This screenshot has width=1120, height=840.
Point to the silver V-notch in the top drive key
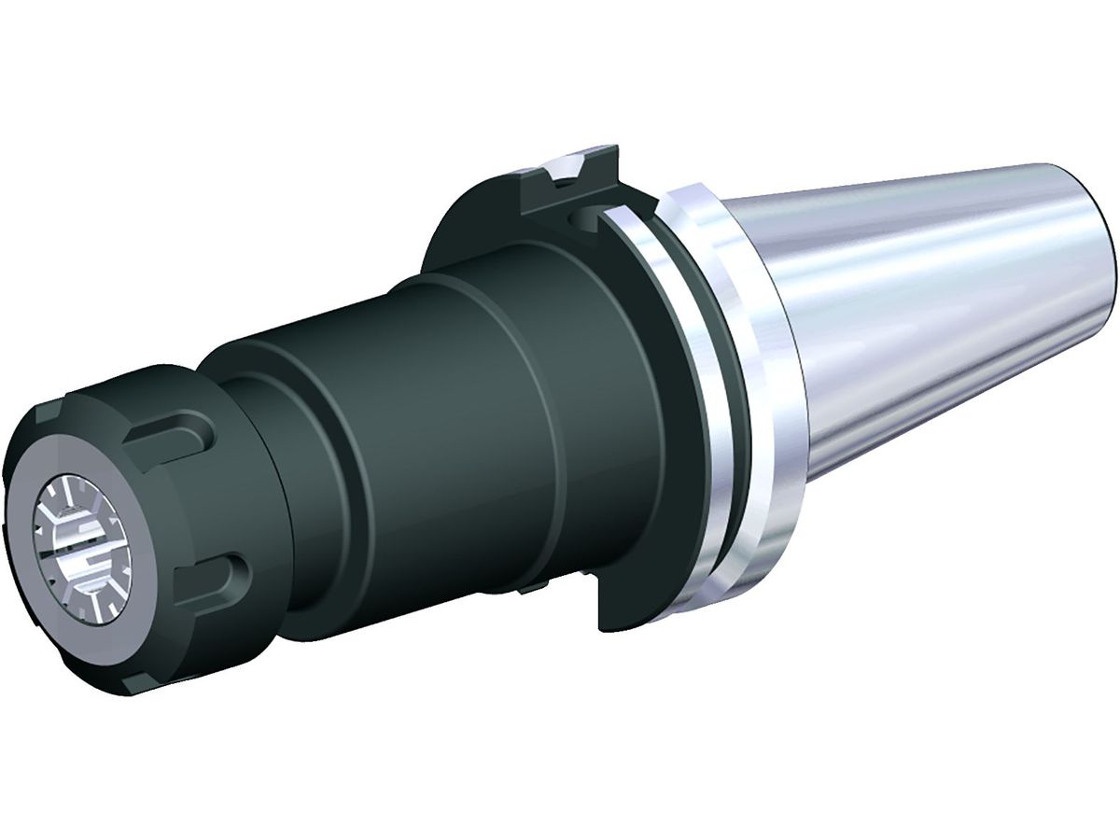click(569, 168)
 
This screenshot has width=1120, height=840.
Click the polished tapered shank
click(933, 308)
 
